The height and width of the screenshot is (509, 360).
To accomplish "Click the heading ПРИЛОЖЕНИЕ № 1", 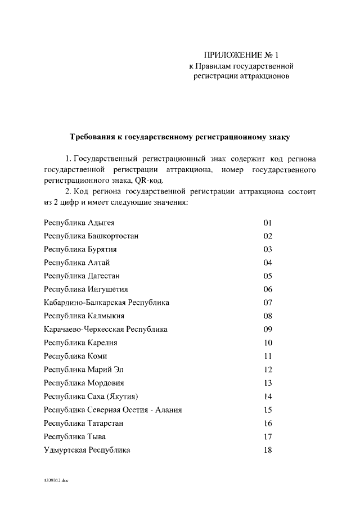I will coord(241,56).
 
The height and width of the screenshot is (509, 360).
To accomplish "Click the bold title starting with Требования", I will coord(179,137).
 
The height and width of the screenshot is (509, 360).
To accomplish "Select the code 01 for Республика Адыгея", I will coord(268,223).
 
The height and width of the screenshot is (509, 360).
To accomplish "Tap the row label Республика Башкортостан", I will coord(92,236).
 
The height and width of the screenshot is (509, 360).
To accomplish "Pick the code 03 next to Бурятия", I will coord(268,249).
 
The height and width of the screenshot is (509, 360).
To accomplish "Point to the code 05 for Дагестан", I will coord(268,276).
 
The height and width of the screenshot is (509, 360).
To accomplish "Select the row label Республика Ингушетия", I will coord(86,289).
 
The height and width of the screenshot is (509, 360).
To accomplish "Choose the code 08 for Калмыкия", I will coord(268,316).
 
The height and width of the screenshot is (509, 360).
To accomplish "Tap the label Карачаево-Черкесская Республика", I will coord(106,329).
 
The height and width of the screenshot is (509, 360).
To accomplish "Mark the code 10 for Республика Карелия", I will coord(268,343).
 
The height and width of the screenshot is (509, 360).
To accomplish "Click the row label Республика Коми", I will coord(75,356).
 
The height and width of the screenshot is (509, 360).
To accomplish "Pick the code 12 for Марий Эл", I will coord(268,370).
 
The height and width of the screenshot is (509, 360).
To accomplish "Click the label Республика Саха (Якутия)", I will coord(91,397).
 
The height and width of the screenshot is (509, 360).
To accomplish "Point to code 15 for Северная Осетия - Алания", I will coord(268,409).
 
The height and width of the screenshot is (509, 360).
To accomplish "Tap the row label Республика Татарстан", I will coord(84,423).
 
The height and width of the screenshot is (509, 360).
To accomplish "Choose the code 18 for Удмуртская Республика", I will coord(268,450).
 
